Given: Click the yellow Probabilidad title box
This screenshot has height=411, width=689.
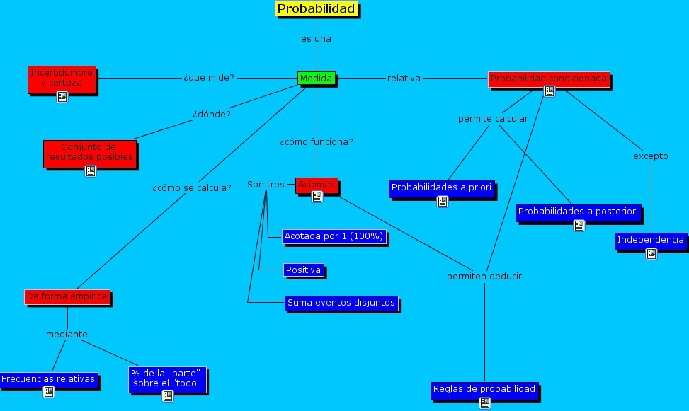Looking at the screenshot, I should coord(317,9).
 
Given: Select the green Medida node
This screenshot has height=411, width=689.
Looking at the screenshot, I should coord(316,78).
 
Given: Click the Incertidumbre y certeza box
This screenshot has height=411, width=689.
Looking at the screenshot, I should coord(62,78).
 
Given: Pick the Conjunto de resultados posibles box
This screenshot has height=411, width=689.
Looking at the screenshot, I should coord(89,152).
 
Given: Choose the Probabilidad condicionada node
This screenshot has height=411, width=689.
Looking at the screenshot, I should coord(549,79).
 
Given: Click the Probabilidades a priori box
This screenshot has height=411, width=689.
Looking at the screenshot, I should coord(442,188).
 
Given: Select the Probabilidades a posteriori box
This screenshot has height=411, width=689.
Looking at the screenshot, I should coord(579,212).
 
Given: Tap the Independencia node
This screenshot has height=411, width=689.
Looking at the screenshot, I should coord(651,240).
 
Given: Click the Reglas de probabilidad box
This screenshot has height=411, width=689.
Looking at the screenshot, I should coord(484,389).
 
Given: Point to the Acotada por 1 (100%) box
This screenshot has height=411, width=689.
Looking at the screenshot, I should coord(334,236).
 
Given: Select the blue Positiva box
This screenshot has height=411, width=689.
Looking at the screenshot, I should coord(304,270).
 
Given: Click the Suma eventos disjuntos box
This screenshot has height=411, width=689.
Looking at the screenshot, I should coord(341,303).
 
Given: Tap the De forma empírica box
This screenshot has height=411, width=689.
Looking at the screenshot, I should coord(67,296).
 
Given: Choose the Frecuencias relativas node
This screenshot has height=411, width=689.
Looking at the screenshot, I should coord(48,379).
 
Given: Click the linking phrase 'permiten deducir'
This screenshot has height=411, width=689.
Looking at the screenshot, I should coord(484,276).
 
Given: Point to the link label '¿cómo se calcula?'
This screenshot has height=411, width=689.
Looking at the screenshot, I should coord(191,188).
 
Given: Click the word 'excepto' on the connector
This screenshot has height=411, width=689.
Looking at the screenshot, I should coord(650,156).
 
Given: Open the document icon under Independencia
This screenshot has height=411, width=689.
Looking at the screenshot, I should coord(651,253).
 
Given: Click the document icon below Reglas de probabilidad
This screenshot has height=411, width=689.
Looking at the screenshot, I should coord(484,403).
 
